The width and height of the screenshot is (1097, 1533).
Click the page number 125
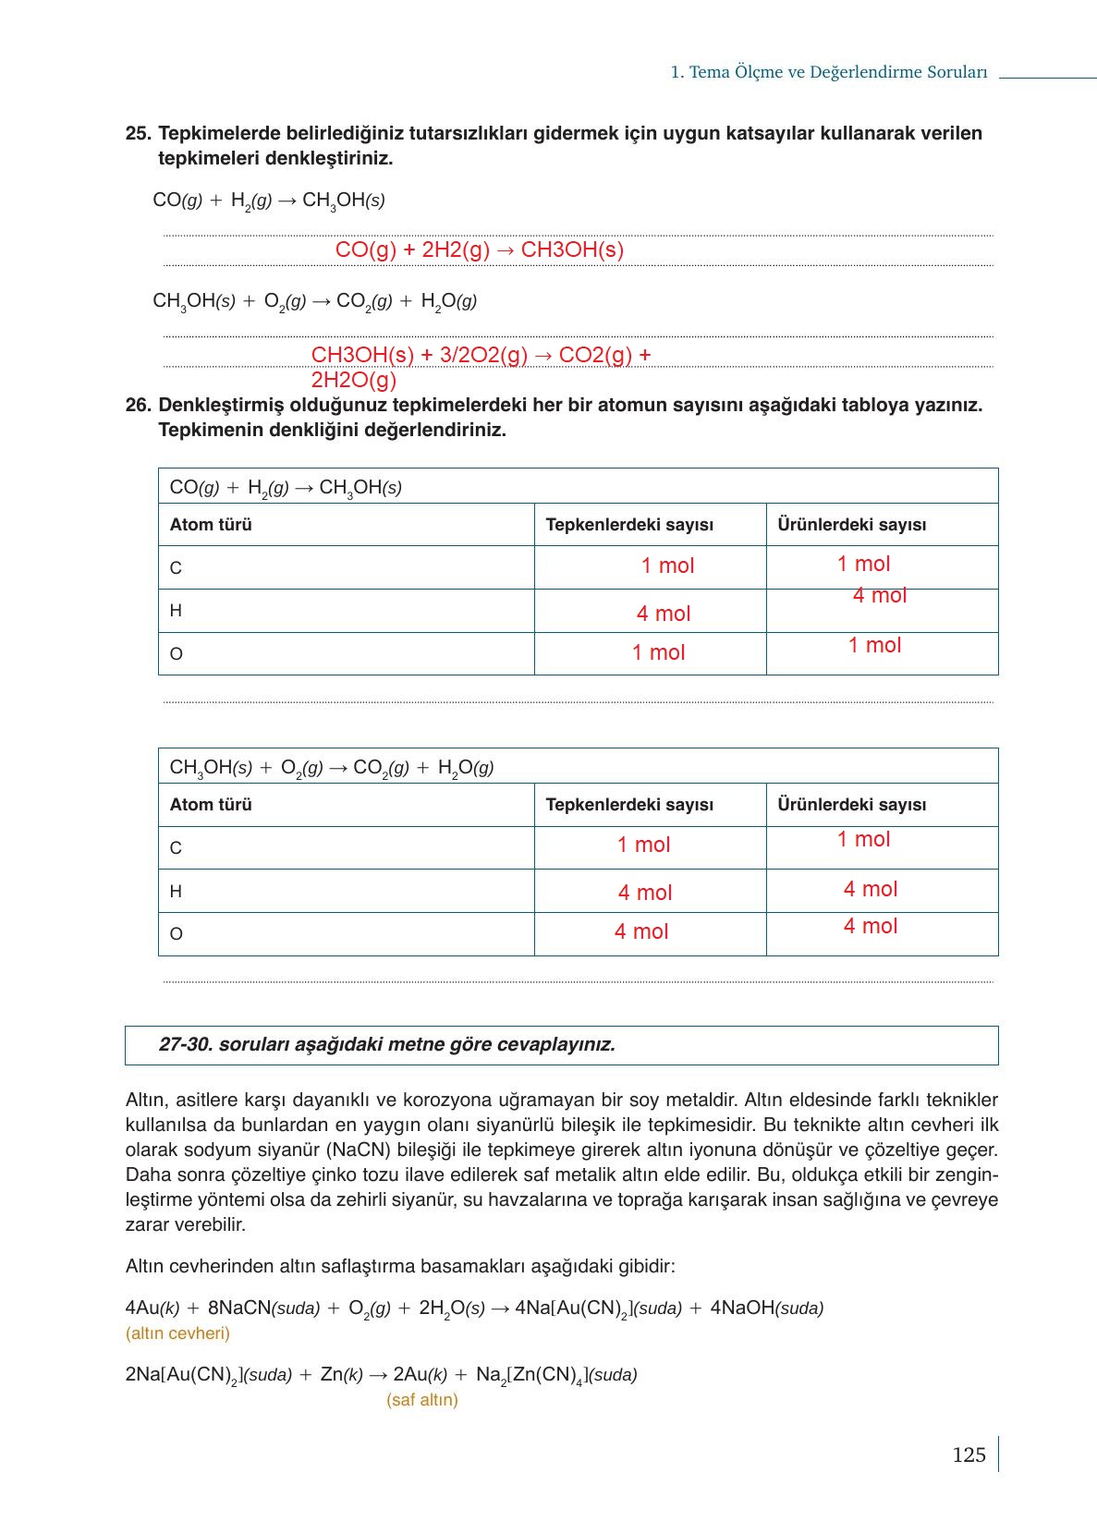(x=969, y=1454)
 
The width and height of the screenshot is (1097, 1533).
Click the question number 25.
(x=138, y=133)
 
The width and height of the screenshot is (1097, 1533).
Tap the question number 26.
(x=138, y=405)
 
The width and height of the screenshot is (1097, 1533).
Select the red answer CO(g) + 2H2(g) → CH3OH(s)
(x=479, y=249)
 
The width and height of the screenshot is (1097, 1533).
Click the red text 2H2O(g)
(x=353, y=380)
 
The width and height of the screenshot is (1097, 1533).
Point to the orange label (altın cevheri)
(x=177, y=1333)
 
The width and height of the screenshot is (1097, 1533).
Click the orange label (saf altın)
(x=422, y=1400)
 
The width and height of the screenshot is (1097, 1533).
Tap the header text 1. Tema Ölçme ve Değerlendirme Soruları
(x=828, y=72)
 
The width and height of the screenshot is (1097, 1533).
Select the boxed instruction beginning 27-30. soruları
(x=386, y=1045)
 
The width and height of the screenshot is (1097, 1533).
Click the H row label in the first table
(x=176, y=611)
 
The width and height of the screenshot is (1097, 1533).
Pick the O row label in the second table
(x=176, y=934)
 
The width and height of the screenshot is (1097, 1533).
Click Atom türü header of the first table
(x=211, y=525)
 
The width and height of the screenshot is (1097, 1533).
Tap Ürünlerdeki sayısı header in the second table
(x=851, y=805)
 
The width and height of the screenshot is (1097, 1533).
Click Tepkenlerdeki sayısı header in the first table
(x=629, y=525)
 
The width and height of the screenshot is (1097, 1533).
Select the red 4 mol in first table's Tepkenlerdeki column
(x=664, y=614)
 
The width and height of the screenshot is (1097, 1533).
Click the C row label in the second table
(x=176, y=848)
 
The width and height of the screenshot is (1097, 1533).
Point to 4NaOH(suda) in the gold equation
(x=766, y=1308)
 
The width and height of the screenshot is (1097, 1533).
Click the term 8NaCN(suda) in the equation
(x=263, y=1308)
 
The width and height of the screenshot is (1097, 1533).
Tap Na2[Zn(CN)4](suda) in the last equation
(x=556, y=1375)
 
